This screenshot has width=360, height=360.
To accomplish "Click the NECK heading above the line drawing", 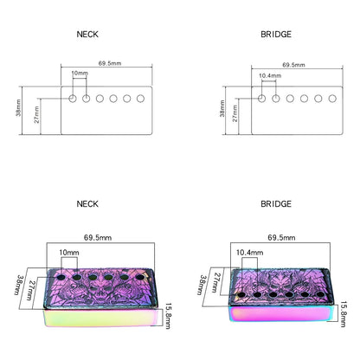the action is (87, 35).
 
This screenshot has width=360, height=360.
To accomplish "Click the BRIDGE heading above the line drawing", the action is (276, 35).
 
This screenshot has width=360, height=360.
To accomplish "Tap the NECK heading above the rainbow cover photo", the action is (87, 204).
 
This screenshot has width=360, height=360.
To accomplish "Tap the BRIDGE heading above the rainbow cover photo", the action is (276, 204).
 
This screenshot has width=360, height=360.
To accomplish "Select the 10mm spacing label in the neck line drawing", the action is (80, 73).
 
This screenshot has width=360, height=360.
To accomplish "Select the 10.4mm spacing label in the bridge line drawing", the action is (270, 75).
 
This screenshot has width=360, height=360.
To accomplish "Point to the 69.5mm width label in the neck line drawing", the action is (110, 63).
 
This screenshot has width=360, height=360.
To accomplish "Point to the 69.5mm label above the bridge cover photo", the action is (281, 238).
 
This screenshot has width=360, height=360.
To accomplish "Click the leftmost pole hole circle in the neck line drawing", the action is (73, 99).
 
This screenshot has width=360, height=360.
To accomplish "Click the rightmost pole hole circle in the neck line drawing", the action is (140, 99).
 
